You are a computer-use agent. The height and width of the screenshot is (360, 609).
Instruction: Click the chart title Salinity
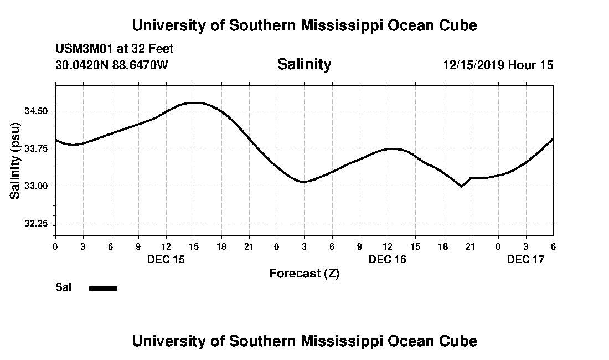click(304, 64)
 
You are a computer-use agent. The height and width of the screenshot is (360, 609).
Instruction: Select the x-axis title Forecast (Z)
click(304, 273)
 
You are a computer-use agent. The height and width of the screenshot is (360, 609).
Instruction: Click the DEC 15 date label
click(166, 259)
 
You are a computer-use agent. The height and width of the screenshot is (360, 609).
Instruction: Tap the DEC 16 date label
click(388, 259)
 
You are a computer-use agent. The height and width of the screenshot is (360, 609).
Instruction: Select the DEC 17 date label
click(526, 259)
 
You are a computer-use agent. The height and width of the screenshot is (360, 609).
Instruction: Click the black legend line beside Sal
click(104, 288)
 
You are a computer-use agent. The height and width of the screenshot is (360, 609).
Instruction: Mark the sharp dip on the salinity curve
click(461, 187)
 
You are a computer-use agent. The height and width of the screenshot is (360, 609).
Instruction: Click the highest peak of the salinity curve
click(194, 102)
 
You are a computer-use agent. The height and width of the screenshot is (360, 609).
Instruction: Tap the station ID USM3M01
click(83, 49)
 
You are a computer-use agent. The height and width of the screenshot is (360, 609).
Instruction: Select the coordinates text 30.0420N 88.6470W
click(111, 65)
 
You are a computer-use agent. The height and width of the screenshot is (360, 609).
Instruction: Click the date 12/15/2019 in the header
click(474, 65)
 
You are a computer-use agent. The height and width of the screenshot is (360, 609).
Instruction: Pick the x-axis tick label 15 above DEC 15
click(194, 246)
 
